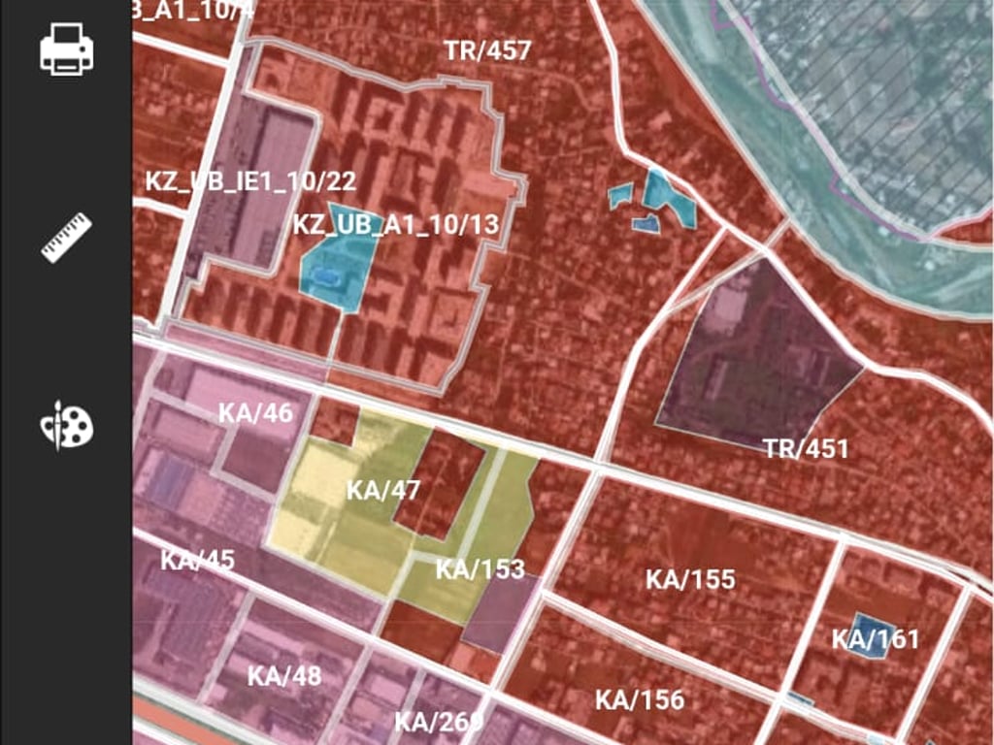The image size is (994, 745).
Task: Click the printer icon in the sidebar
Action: tap(66, 49)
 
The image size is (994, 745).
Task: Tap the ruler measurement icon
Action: tap(66, 238)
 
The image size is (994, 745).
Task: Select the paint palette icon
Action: tap(66, 426)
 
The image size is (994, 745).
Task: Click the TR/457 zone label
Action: tap(487, 50)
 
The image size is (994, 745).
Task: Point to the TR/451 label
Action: tap(805, 449)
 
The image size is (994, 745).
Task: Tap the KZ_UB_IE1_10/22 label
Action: tap(250, 181)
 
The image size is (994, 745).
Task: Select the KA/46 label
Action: tap(255, 412)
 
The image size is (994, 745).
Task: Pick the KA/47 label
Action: tap(383, 490)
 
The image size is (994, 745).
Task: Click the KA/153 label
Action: tap(480, 568)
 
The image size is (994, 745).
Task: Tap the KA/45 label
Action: tap(197, 561)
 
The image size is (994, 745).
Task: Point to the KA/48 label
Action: tap(283, 676)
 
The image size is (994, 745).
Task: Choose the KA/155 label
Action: tap(690, 580)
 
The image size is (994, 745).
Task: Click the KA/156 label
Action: tap(640, 699)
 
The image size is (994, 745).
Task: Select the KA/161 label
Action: tap(875, 639)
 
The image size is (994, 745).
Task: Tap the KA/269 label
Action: tap(438, 722)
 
